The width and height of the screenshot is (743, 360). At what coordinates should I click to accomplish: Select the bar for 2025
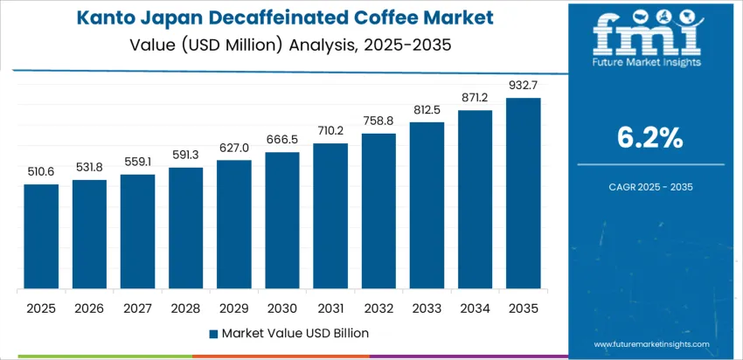(41, 237)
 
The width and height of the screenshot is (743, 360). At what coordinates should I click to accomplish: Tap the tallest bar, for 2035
(523, 193)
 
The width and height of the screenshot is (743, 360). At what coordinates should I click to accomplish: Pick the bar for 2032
(378, 211)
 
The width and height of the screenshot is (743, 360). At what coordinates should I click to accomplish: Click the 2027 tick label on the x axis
(137, 308)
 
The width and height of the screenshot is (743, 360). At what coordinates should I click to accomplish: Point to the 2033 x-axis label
(427, 308)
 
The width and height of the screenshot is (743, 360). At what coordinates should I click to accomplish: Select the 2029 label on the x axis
(234, 308)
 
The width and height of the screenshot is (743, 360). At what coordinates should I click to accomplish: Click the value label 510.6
(41, 171)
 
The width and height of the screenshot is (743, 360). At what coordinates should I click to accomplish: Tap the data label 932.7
(523, 85)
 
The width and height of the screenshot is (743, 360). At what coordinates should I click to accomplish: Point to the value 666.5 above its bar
(282, 140)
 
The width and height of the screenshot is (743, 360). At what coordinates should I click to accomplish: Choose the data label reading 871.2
(475, 98)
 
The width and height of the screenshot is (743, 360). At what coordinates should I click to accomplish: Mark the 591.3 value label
(185, 155)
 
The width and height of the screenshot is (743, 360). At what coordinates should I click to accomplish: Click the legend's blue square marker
(214, 333)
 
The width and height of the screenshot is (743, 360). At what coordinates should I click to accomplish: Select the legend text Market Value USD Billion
(295, 333)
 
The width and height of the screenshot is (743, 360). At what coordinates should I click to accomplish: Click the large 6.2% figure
(650, 137)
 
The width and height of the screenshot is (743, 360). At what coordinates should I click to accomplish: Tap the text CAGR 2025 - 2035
(650, 186)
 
